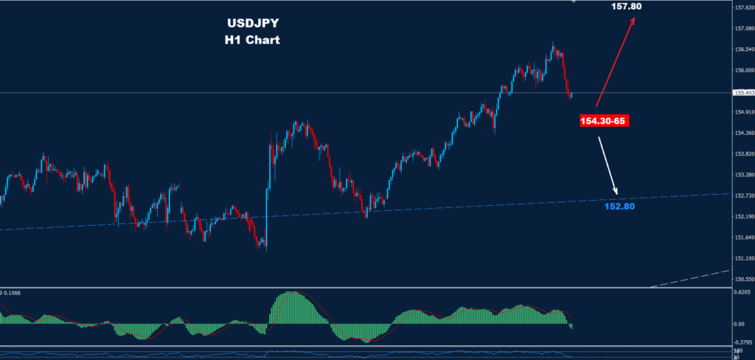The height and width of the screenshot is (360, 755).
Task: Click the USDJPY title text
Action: pyautogui.click(x=252, y=24)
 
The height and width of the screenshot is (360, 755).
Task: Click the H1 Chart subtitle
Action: pyautogui.click(x=252, y=40)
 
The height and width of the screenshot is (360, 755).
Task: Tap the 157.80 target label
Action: pyautogui.click(x=626, y=7)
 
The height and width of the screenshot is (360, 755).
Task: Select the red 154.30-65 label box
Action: pyautogui.click(x=604, y=120)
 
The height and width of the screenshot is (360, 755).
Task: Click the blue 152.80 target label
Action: pyautogui.click(x=619, y=207)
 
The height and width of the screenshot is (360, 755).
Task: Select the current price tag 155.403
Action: pyautogui.click(x=743, y=92)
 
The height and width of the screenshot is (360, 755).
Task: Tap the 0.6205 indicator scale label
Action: pyautogui.click(x=742, y=292)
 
